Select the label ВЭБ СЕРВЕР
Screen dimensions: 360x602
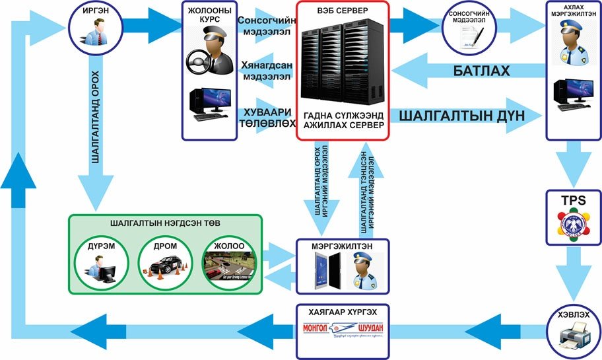[x=343, y=13]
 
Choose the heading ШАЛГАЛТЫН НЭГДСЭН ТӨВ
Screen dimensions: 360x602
[x=166, y=224]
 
